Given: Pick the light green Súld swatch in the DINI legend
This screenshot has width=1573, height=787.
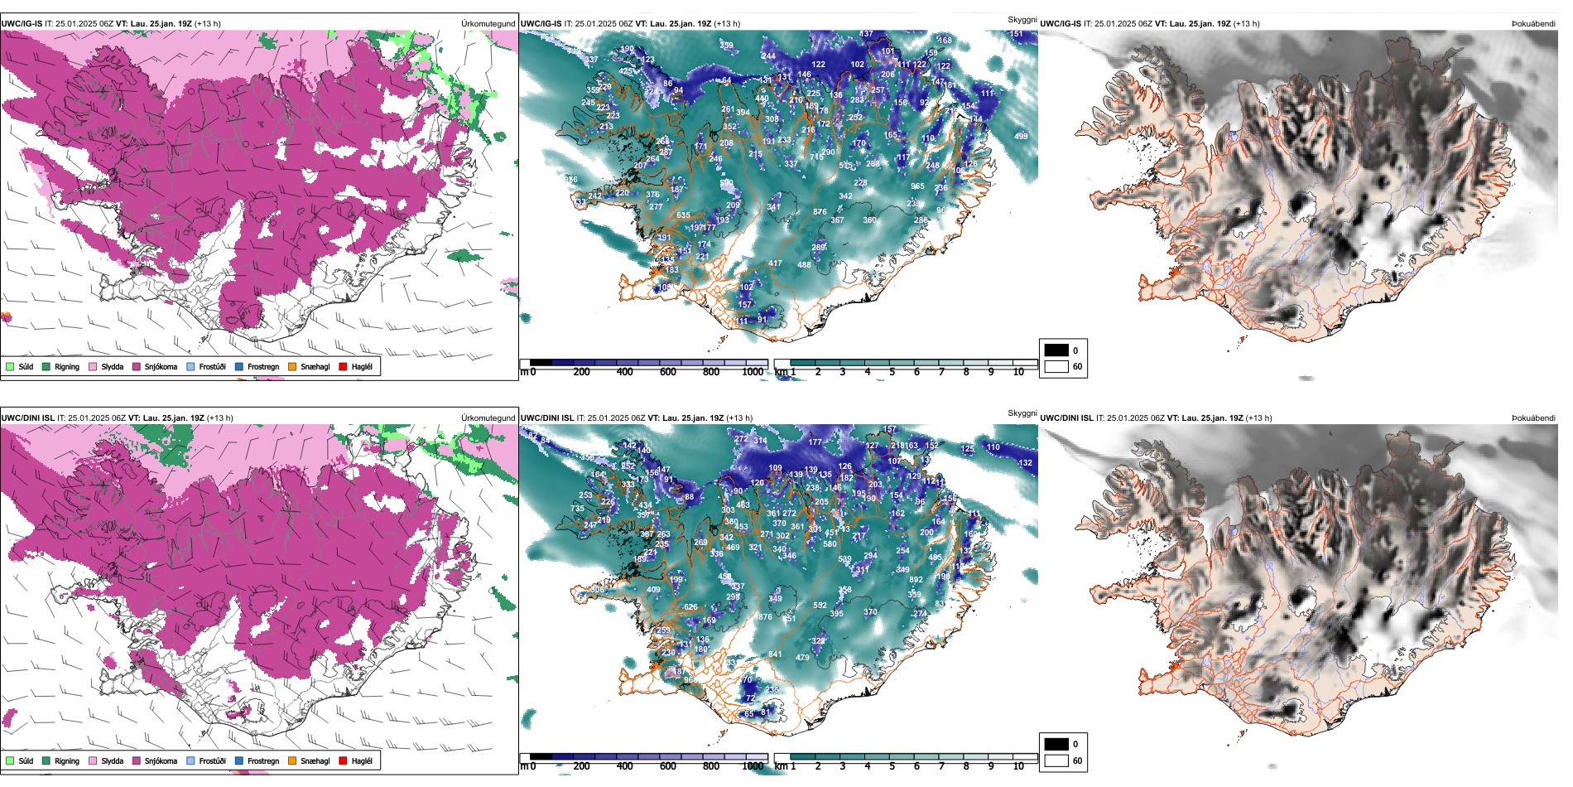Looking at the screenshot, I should coord(10,760).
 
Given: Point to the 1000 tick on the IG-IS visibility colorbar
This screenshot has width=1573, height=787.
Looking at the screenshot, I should coord(753,372).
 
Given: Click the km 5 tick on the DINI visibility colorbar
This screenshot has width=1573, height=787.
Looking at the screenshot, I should coord(892,766).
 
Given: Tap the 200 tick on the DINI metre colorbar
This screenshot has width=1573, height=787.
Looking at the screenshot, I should coord(582,766).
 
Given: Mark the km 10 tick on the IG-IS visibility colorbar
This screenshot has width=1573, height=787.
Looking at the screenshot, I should coord(1018,372).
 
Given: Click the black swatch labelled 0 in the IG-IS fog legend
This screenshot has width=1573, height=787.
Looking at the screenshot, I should coord(1056,350).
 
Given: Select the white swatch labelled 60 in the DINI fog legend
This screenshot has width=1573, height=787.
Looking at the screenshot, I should coord(1056,760).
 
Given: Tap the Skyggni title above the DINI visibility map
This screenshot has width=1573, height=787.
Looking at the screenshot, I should coord(1022,413).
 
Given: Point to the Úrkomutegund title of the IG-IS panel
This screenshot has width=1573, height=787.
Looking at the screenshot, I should coord(488,24).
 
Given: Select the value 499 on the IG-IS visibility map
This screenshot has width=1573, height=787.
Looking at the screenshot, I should coord(1021,137).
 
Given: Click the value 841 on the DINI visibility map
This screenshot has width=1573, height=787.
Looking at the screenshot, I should coord(775,654).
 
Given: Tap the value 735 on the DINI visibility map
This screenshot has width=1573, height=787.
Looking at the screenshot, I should coord(578,509).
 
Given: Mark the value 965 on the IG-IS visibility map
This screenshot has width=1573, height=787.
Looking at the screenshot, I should coord(917,186).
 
